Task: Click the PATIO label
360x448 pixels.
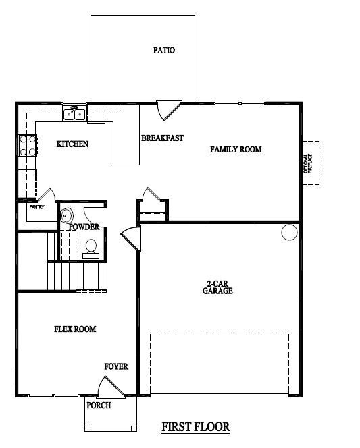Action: coord(164,50)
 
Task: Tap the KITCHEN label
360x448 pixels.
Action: coord(72,144)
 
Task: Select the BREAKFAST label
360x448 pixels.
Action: coord(162,138)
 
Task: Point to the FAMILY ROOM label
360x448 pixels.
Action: coord(236,149)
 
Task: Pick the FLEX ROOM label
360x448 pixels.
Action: coord(75,329)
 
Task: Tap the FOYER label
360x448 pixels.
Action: coord(115,367)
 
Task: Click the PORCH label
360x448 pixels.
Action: coord(99,405)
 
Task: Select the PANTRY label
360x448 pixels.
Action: coord(36,207)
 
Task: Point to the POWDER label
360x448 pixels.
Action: coord(84,227)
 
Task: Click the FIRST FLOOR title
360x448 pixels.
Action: coord(196,426)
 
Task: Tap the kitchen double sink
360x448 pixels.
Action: coord(75,113)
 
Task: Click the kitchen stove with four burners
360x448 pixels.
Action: coord(28,146)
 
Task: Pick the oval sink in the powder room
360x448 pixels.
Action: coord(66,215)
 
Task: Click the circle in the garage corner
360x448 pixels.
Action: coord(289,233)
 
